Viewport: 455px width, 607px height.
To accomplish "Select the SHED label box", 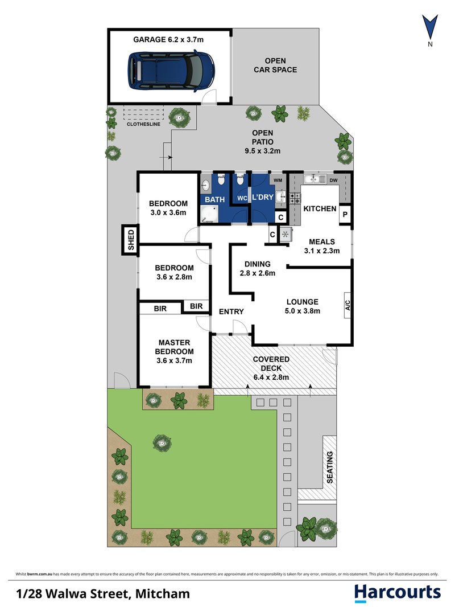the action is [130, 240].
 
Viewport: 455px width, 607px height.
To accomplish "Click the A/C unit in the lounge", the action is [347, 305].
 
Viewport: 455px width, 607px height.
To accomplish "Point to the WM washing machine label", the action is [278, 181].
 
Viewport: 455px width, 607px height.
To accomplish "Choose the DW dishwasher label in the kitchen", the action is [333, 181].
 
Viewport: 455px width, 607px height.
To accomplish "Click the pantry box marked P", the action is [345, 214].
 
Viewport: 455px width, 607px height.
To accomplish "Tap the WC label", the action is [242, 198].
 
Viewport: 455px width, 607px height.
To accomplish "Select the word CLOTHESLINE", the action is [143, 124].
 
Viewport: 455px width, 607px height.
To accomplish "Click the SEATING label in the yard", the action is [330, 467].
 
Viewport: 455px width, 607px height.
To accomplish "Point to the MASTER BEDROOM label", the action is [175, 347].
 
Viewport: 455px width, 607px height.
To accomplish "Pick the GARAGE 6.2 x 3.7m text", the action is [168, 39].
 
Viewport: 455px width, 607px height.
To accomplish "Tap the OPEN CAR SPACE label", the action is [275, 65].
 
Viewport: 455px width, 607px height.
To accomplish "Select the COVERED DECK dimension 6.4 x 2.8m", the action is [271, 378].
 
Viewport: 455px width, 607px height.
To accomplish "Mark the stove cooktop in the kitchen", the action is [295, 199].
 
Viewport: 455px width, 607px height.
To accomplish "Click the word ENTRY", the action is [231, 311].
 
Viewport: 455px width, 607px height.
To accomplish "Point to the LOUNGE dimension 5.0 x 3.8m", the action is [303, 311].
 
